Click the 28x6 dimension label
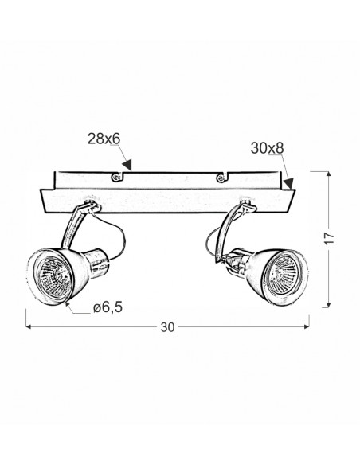104,139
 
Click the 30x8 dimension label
267,148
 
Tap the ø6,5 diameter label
108,307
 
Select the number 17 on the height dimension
329,238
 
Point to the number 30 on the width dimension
167,327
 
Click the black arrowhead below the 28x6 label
127,165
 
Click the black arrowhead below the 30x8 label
288,183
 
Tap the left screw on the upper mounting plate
115,178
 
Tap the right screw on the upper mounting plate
221,178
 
